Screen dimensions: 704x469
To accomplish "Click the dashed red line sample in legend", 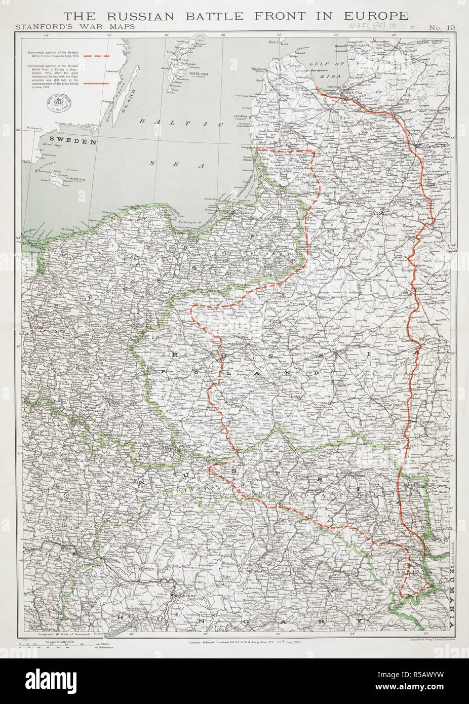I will [x=96, y=56].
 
